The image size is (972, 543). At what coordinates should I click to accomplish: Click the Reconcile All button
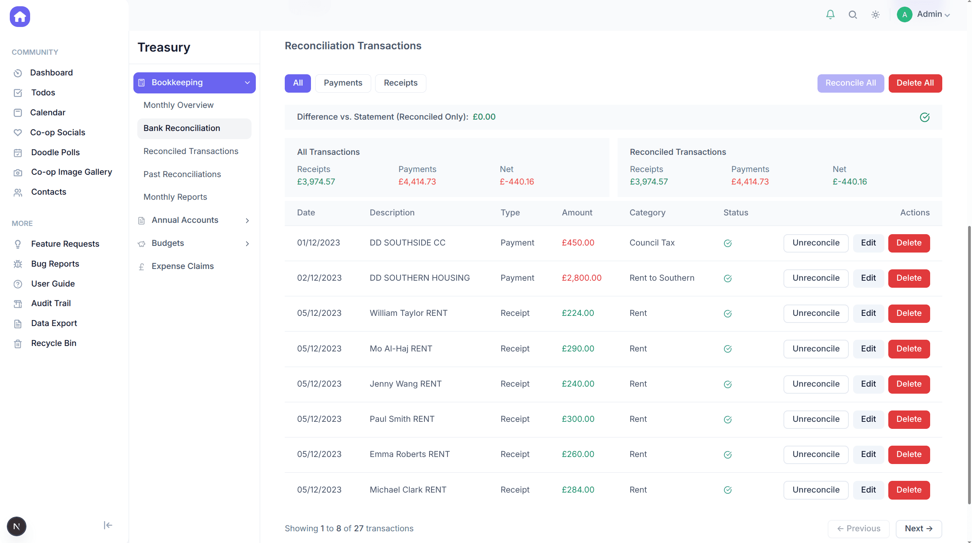pos(850,83)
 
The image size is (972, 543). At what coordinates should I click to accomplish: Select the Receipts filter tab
pos(401,83)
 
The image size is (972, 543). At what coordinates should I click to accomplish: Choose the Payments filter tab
pos(343,83)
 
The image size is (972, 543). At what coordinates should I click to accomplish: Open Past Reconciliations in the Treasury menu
pos(182,174)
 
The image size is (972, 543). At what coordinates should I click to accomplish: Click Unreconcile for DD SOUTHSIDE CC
pos(816,243)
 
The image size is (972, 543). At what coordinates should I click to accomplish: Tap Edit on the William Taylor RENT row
pos(868,313)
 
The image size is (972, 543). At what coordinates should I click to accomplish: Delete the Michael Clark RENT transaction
pos(909,490)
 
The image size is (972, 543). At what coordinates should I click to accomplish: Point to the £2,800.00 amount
pos(581,278)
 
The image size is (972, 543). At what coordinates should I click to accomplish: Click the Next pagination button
pos(918,529)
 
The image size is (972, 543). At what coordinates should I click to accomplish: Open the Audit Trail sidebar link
pos(51,303)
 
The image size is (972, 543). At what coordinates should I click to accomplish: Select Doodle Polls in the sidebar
pos(55,152)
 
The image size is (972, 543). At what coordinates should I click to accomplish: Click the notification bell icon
pos(830,15)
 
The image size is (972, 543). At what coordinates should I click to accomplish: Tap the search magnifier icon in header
pos(853,15)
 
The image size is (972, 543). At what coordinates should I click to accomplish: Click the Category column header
pos(647,213)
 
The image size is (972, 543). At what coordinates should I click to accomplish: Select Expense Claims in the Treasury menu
pos(182,266)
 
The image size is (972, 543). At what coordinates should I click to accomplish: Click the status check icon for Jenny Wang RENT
pos(728,384)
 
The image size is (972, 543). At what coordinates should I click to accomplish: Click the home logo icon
pos(20,17)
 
